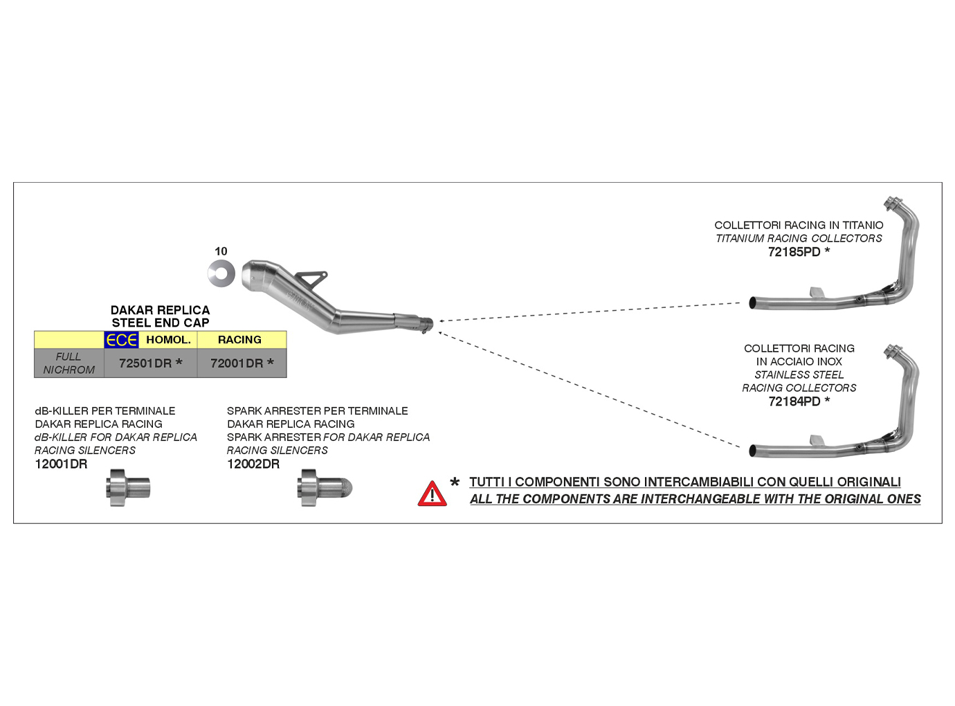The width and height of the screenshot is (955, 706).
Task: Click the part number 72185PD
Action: click(x=794, y=252)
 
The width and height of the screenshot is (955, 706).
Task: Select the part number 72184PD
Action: click(x=794, y=401)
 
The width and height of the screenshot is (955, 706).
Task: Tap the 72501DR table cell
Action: click(x=145, y=363)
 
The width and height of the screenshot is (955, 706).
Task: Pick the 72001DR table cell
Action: click(x=237, y=363)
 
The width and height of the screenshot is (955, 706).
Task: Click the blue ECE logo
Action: click(x=121, y=340)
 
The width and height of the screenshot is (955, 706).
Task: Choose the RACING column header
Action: click(x=239, y=340)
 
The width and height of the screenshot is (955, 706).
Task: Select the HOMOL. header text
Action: click(x=168, y=340)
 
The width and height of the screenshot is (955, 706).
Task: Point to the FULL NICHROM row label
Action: click(x=69, y=363)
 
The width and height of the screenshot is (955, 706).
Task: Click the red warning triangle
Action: click(x=432, y=494)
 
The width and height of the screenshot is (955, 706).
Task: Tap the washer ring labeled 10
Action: click(x=221, y=273)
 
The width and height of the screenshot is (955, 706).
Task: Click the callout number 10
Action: click(x=221, y=251)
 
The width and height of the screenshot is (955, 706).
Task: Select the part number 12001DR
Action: click(x=61, y=464)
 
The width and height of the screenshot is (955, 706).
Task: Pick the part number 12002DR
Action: click(x=253, y=464)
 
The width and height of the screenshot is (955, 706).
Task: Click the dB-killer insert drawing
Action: click(x=128, y=487)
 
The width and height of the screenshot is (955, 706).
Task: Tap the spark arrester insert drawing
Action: click(x=324, y=488)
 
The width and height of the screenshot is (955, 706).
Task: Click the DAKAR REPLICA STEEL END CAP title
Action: click(x=161, y=316)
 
